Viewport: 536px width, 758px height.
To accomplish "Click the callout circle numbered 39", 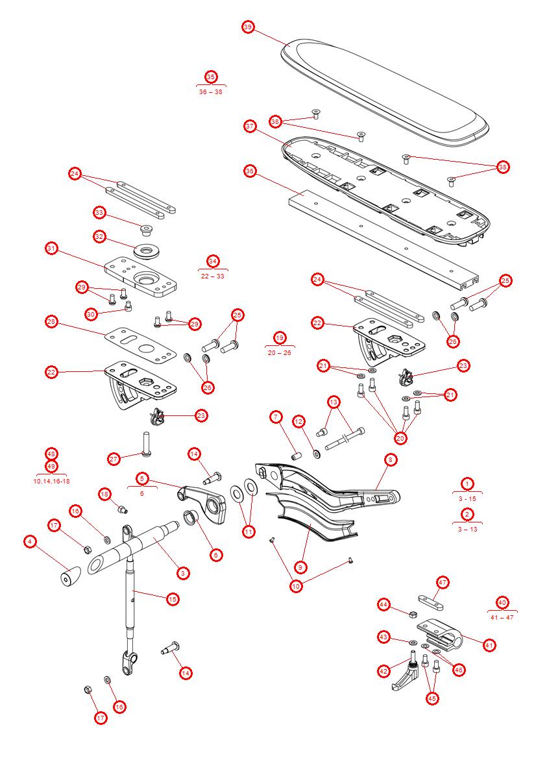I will coord(248,27).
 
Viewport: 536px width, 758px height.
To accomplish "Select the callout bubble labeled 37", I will coord(250,127).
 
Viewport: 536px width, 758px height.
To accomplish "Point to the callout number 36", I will coord(250,171).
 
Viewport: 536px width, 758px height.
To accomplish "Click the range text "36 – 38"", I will coord(211,92).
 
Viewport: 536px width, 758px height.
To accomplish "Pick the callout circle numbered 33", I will coord(99,212).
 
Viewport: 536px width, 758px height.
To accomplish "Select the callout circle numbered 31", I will coord(52,248).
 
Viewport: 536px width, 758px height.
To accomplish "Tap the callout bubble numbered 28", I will coord(52,322).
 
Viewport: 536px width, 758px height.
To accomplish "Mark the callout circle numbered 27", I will coord(115,459).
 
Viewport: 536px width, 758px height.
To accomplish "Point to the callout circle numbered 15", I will coord(173,599).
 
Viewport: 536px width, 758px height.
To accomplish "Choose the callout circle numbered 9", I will coord(300,567).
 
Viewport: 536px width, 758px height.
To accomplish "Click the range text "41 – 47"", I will coord(502,617).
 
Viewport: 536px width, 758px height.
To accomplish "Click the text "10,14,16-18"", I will coord(52,481).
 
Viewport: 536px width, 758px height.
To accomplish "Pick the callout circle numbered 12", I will coord(298,421).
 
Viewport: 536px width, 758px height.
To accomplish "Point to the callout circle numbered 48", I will coord(52,454).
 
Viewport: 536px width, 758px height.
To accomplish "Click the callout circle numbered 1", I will coord(467,483).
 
